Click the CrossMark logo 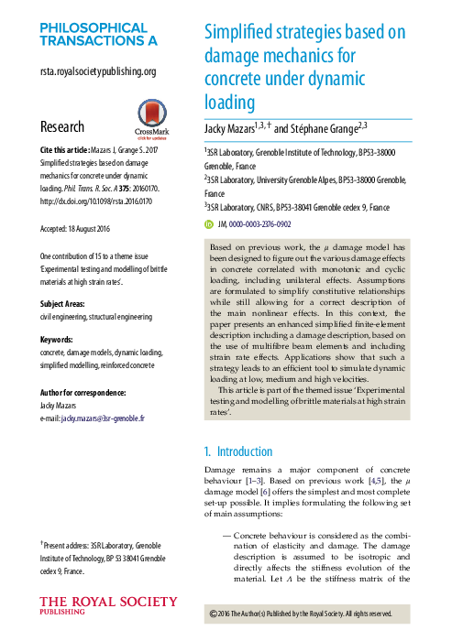pyautogui.click(x=151, y=115)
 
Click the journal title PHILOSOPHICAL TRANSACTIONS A pyautogui.click(x=98, y=33)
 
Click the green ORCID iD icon pyautogui.click(x=209, y=223)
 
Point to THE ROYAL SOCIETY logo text pyautogui.click(x=108, y=603)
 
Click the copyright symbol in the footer pyautogui.click(x=215, y=614)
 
